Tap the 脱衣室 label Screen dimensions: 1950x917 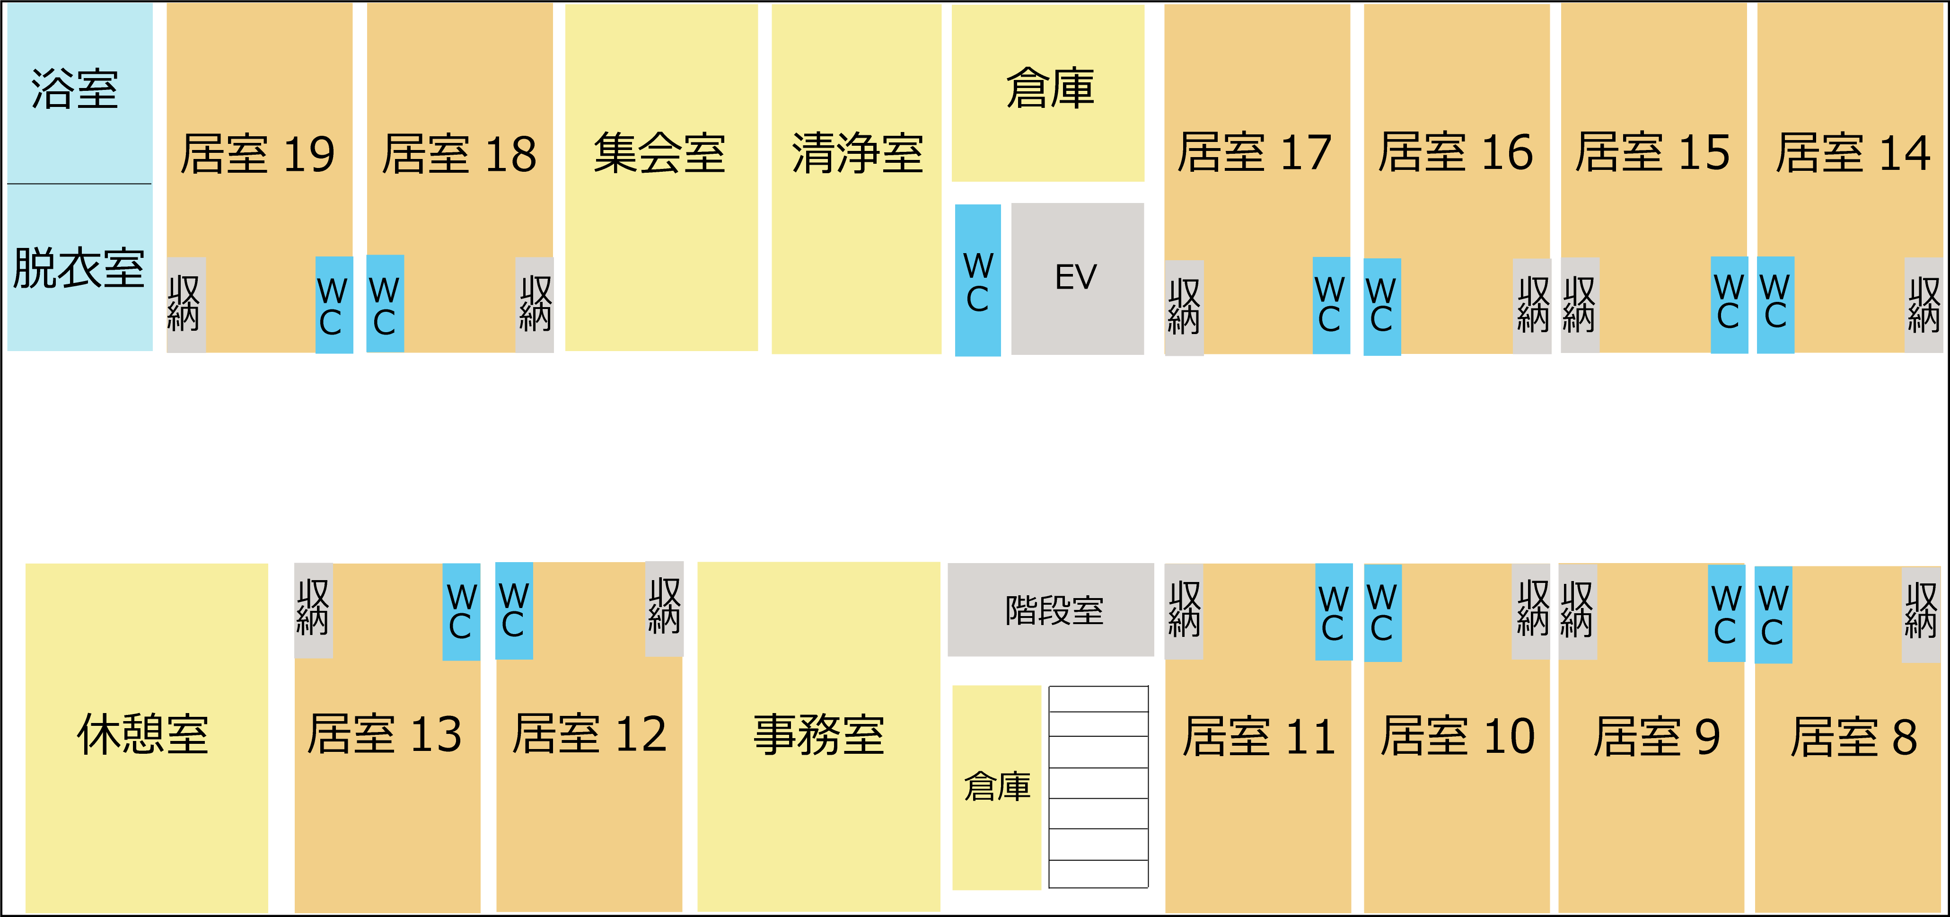[79, 268]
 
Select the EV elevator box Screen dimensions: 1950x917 [1076, 278]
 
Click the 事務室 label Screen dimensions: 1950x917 [818, 734]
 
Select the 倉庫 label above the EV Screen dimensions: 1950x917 [1049, 88]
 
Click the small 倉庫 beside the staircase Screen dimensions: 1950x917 [996, 787]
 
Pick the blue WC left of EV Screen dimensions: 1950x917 [977, 280]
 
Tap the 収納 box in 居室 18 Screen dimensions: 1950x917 [535, 304]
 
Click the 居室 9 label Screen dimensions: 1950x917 [1656, 736]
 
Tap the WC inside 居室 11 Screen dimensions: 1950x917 [1333, 612]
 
